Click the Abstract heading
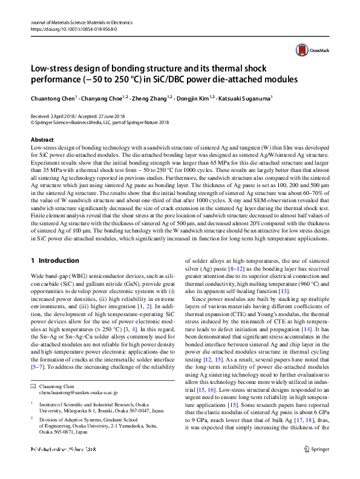coord(42,140)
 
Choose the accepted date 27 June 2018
coord(107,116)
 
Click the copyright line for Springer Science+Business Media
coord(100,122)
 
